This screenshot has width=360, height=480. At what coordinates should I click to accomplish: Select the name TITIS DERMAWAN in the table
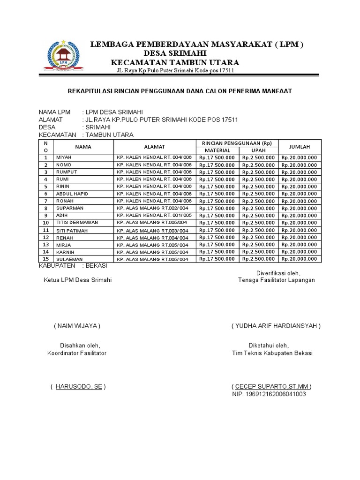point(77,223)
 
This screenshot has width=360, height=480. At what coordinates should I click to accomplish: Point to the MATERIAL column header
point(217,150)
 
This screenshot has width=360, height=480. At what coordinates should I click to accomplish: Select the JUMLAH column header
point(300,147)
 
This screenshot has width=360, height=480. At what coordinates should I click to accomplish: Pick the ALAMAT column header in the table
point(154,147)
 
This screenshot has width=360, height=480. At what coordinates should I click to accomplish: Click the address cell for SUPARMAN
point(152,208)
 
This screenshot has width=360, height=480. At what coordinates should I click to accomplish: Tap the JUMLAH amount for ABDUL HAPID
point(300,194)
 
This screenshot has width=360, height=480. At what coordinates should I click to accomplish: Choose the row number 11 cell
point(45,230)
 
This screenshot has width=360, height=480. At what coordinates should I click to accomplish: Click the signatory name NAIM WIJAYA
point(77,326)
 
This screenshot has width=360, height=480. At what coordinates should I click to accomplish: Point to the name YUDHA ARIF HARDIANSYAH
point(276,326)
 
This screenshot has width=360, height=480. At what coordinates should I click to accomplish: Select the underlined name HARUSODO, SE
point(78,387)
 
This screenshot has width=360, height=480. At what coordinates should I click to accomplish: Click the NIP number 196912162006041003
point(269,394)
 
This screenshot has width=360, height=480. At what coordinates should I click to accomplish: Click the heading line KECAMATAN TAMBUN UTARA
point(174,63)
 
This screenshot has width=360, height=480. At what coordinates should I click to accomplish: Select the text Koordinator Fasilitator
point(77,353)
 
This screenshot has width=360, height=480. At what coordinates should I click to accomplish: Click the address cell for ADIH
point(152,216)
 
